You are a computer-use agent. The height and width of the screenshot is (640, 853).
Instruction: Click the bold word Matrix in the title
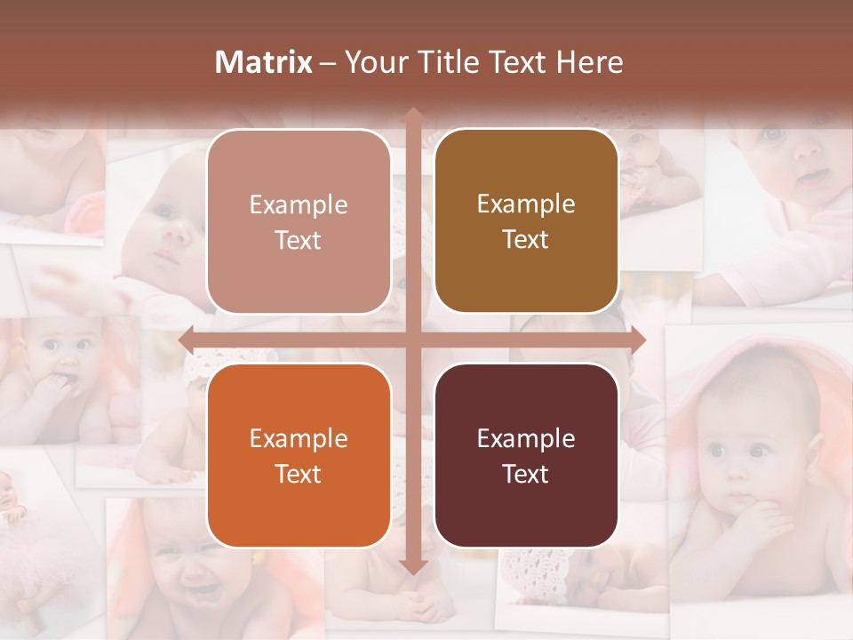263,62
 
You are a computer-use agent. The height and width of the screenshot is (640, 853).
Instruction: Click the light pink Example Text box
299,222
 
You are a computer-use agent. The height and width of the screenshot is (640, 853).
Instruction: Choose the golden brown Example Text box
526,221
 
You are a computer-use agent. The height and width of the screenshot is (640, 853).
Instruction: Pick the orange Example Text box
299,455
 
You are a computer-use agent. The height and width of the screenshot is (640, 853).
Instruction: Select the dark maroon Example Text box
526,455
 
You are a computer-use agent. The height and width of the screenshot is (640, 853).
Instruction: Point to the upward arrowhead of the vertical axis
412,116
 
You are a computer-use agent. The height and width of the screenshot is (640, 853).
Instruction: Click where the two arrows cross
412,340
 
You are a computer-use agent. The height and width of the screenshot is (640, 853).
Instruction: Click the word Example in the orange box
299,438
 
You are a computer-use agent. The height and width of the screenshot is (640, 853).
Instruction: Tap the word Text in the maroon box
526,474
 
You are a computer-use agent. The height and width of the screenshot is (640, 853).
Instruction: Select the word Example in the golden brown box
526,204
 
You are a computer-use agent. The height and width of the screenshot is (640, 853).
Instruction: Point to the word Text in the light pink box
299,241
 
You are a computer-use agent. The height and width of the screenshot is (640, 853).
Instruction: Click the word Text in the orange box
299,474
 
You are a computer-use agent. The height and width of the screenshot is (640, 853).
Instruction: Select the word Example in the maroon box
526,438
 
